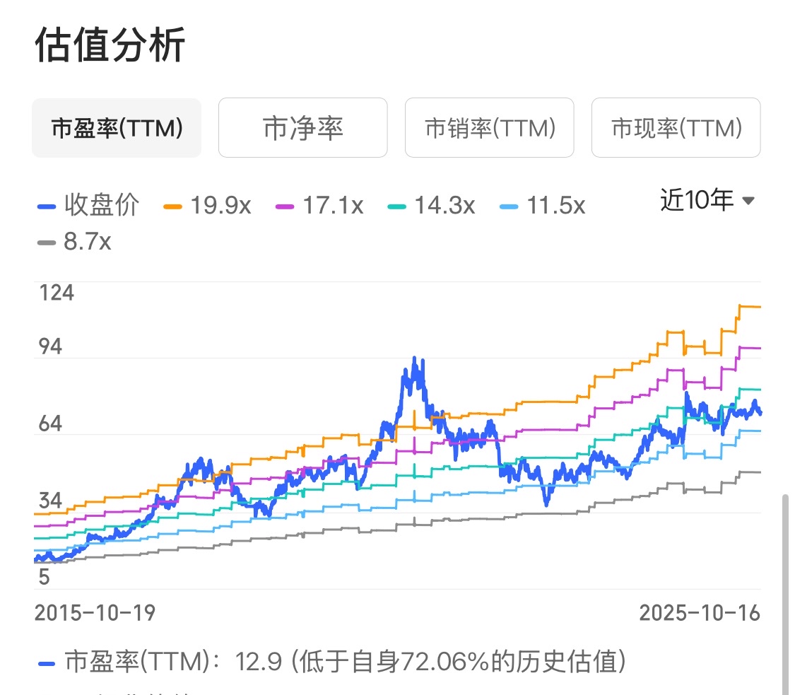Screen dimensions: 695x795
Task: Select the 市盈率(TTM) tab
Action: (117, 128)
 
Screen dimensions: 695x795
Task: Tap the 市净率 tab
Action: (302, 128)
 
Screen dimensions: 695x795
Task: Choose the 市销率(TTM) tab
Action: (489, 128)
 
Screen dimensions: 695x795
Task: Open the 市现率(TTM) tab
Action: (676, 128)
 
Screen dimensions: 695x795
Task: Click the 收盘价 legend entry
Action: (88, 206)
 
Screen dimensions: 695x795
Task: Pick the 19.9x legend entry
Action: (208, 206)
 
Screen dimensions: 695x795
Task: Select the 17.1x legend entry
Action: (320, 206)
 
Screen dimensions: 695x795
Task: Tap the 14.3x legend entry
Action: (432, 206)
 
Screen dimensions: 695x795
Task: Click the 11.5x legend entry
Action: (543, 206)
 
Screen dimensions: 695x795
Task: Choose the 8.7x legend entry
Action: (74, 243)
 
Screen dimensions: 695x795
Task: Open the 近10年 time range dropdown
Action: (707, 201)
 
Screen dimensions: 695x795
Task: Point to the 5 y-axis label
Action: (44, 578)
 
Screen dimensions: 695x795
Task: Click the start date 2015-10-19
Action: (95, 612)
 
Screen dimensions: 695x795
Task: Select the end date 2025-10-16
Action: (700, 612)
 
